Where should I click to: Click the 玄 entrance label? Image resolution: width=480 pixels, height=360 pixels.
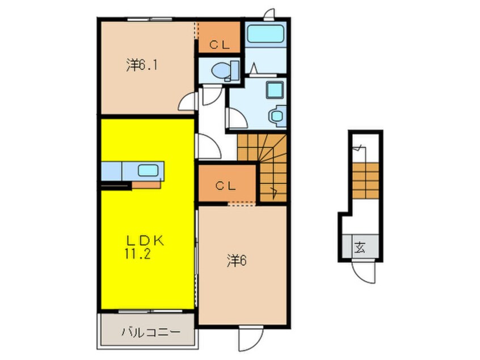coord(360,247)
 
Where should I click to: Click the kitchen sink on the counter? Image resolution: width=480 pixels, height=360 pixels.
coord(149,170)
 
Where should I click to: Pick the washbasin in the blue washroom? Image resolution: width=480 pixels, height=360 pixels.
coord(277,116)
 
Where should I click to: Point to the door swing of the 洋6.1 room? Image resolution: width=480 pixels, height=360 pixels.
coord(188,102)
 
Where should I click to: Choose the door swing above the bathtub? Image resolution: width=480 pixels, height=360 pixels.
coord(268,13)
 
